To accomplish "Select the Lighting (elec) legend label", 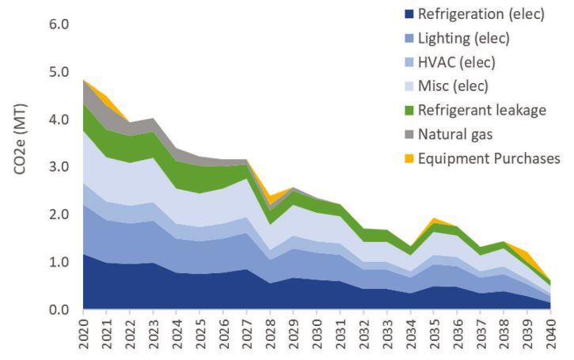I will (463, 38).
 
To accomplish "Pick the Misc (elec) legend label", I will (454, 86).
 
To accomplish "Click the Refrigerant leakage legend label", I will (481, 110).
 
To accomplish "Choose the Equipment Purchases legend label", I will (489, 158).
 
